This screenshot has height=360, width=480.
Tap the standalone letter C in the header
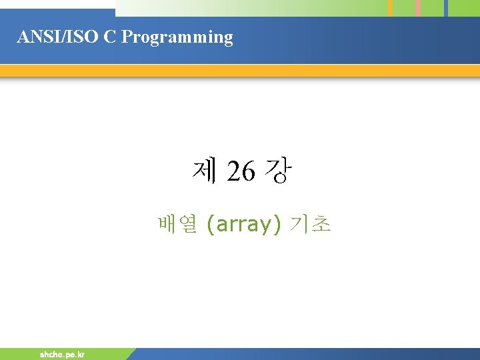109,37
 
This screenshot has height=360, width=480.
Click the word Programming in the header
178,38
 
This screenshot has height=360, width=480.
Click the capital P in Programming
127,37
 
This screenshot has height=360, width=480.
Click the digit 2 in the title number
233,173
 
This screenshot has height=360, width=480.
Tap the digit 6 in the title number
247,173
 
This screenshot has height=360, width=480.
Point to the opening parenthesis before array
211,225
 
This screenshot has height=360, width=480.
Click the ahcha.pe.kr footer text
62,355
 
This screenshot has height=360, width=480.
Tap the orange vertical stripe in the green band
391,8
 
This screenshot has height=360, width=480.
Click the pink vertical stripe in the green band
418,8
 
